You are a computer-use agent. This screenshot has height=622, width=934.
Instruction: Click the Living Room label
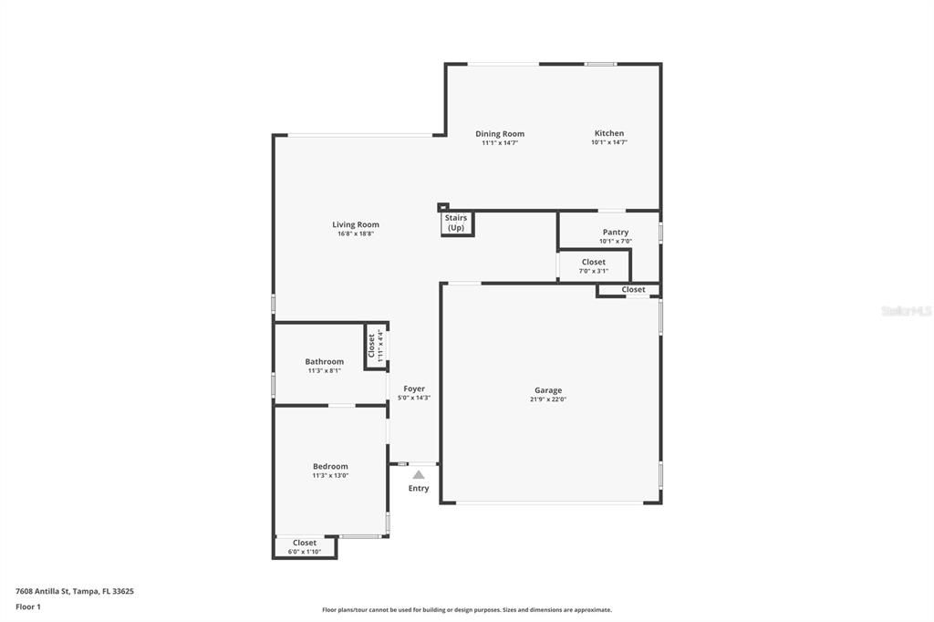(356, 224)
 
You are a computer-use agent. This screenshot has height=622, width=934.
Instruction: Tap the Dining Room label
(500, 134)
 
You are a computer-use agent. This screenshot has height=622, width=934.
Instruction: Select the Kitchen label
(609, 133)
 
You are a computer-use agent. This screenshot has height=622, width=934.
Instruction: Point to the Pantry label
(616, 233)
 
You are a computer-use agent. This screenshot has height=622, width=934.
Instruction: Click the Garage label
(548, 391)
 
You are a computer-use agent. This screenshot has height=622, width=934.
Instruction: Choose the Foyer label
(414, 389)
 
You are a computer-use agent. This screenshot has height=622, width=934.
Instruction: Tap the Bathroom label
(324, 362)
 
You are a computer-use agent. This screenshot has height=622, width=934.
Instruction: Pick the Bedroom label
(330, 467)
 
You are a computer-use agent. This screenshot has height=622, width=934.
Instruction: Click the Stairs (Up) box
(457, 223)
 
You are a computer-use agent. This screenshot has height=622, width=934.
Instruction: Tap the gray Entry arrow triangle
(419, 475)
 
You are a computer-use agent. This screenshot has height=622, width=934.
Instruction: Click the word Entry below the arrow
(419, 489)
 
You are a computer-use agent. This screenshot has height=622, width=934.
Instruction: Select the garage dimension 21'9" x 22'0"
(548, 399)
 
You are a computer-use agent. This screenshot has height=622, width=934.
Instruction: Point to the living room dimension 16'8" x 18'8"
(356, 234)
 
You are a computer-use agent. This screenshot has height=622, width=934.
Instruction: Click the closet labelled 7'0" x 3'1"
(594, 265)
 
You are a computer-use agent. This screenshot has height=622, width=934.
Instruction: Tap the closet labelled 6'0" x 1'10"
(305, 547)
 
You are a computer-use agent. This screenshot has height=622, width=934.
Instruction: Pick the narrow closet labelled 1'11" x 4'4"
(375, 346)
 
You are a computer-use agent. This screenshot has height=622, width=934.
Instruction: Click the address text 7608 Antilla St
(42, 592)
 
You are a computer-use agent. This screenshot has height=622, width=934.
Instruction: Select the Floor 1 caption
(28, 607)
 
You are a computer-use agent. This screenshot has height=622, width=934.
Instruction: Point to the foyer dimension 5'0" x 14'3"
(414, 398)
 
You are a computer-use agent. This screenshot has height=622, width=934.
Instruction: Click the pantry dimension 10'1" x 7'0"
(616, 242)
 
